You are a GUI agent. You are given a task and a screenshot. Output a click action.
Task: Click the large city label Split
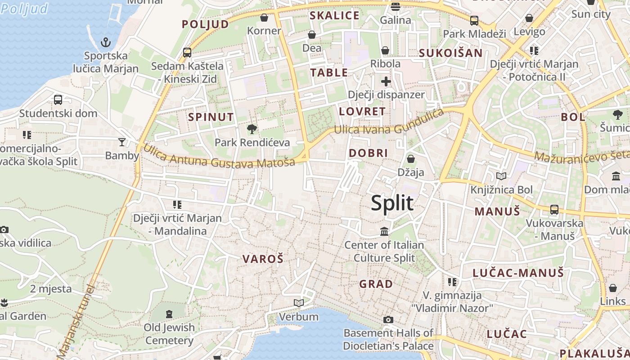tap(392, 203)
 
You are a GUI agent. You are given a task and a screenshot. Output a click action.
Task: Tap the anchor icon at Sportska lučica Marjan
tap(105, 42)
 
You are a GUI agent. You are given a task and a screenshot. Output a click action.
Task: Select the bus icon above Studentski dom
tap(58, 100)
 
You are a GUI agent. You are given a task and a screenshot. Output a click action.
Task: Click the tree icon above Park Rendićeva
tap(252, 129)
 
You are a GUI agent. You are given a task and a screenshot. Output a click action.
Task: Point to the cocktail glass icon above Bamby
tap(122, 142)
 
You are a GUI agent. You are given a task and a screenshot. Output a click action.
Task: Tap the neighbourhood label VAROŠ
tap(263, 259)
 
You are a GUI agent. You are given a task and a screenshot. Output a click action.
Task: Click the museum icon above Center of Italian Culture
tap(384, 231)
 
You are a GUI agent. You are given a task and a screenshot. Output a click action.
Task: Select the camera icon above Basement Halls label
tap(388, 319)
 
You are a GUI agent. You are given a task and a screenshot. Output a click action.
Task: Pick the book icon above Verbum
tap(298, 303)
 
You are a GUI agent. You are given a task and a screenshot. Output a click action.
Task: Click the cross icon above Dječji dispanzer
tap(386, 81)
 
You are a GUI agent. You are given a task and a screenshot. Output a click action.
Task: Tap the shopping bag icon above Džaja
tap(410, 158)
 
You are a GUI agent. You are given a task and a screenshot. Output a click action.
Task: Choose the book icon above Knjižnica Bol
tap(501, 176)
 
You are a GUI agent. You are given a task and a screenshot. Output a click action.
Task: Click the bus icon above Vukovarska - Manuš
tap(554, 209)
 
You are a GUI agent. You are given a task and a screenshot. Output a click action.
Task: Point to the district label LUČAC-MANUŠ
tap(518, 273)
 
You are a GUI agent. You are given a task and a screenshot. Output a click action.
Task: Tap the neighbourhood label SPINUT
tap(211, 117)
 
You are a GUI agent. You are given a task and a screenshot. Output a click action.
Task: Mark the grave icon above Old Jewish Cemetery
tap(169, 314)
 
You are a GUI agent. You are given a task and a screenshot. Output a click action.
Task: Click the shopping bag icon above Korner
tap(264, 18)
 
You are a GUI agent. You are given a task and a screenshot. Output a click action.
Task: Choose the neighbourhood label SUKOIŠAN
tap(450, 53)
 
